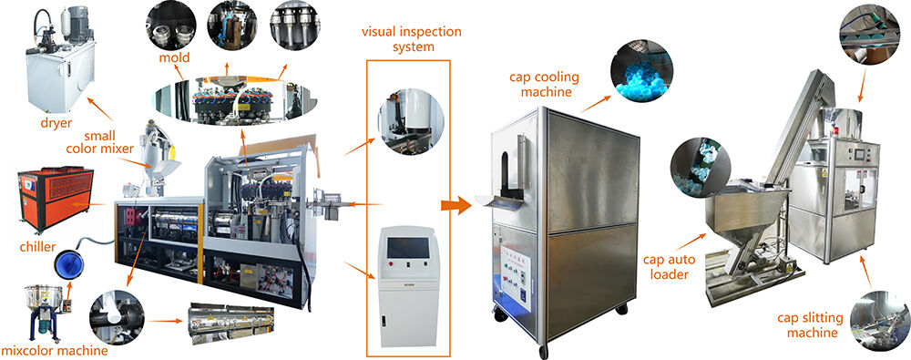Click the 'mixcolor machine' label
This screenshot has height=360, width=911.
coord(54,349)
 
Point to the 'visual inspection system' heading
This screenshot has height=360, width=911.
coord(398,37)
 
